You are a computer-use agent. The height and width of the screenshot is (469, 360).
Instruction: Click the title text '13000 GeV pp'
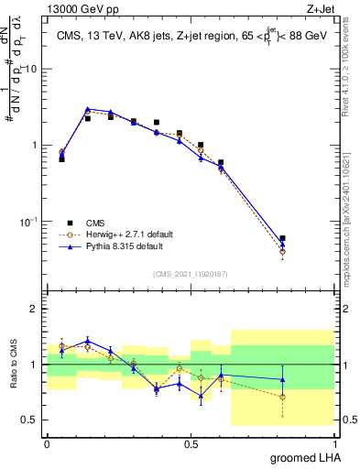click(80, 8)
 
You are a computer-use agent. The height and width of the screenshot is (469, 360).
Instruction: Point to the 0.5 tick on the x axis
click(191, 443)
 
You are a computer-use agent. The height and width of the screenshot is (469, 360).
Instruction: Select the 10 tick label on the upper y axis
click(31, 70)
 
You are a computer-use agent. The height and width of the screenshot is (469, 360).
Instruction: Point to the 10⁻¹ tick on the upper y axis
click(30, 222)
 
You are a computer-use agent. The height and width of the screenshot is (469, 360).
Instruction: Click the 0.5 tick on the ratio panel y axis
click(32, 420)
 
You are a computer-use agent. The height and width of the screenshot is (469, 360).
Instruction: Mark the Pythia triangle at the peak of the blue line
click(88, 109)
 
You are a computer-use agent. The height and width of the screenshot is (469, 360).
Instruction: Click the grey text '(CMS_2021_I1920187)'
click(191, 273)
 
